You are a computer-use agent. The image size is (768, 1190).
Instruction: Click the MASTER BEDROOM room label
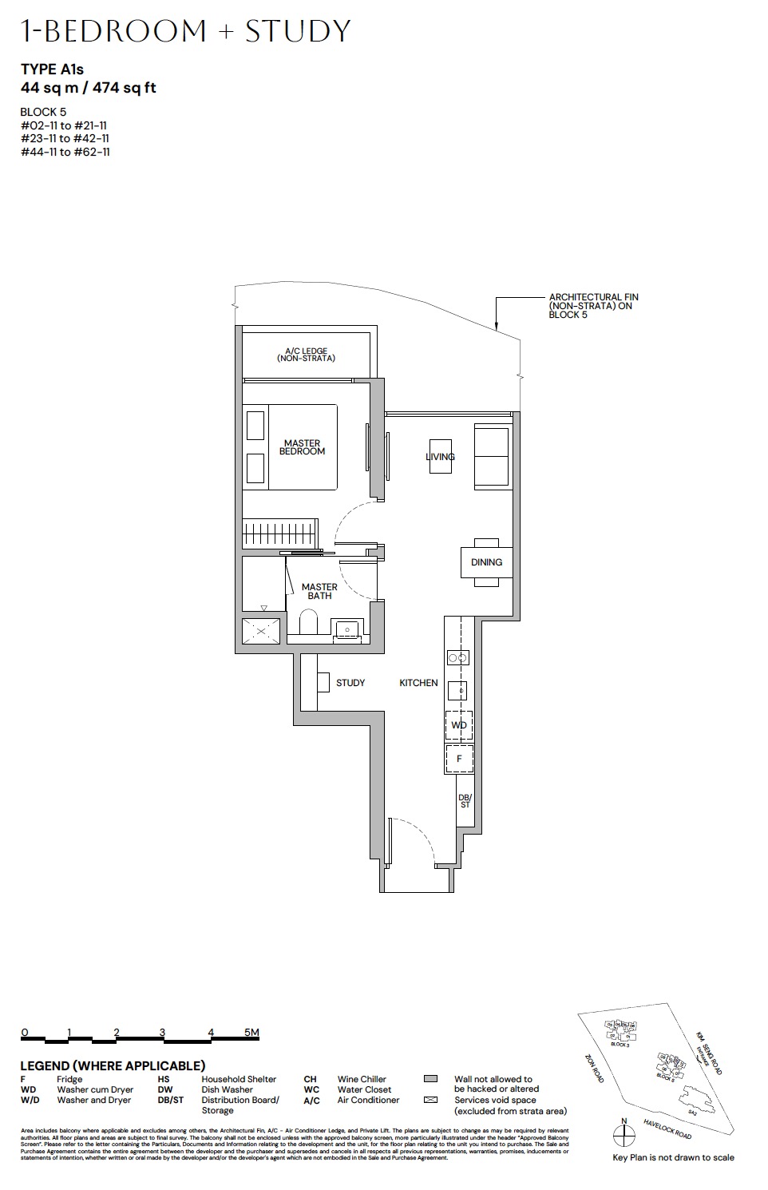[x=302, y=447]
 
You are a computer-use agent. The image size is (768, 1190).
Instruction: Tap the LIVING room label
[x=440, y=457]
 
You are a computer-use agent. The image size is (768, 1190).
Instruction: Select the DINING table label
[x=486, y=562]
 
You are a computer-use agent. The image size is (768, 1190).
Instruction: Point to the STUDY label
[x=350, y=683]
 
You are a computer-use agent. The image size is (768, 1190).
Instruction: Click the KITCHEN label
[x=418, y=683]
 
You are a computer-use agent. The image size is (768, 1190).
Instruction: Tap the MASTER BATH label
[x=319, y=591]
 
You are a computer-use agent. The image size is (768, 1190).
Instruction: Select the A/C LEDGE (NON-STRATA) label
[x=307, y=355]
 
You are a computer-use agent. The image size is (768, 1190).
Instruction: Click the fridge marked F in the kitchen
[x=459, y=759]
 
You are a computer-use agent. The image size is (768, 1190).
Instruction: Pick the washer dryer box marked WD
[x=458, y=725]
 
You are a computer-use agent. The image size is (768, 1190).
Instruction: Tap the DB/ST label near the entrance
[x=465, y=801]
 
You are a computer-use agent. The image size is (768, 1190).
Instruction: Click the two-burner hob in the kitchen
[x=458, y=658]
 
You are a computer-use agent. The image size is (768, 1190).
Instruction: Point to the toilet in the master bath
[x=308, y=623]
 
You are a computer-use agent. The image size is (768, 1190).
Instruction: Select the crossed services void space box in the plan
[x=262, y=630]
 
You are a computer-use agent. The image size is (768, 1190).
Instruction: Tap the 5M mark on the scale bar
[x=251, y=1033]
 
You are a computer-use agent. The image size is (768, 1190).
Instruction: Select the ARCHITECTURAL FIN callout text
[x=592, y=306]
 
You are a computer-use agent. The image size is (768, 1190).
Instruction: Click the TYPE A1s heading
[x=52, y=69]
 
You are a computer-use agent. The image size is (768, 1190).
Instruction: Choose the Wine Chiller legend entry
[x=362, y=1079]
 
